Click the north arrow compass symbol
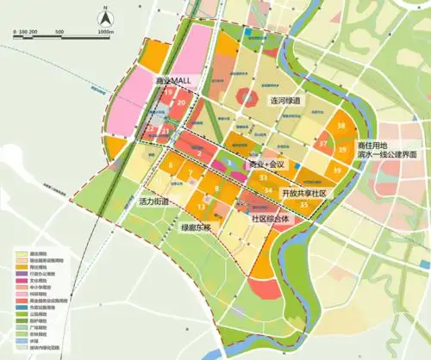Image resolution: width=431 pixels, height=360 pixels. [x=103, y=16]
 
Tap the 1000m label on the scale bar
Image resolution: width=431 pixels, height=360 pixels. [x=106, y=32]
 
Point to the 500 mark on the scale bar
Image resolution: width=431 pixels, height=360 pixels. [x=59, y=32]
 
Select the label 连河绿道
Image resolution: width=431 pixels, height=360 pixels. [x=284, y=101]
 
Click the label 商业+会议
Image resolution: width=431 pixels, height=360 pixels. [x=265, y=164]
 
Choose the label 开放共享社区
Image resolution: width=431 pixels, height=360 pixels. [x=307, y=193]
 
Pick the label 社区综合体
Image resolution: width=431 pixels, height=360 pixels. [x=273, y=219]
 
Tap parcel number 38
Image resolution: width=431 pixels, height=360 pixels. [x=342, y=127]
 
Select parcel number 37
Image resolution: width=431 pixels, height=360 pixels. [x=323, y=144]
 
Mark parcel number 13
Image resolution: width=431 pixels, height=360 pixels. [x=201, y=207]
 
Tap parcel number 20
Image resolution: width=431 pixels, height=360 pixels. [x=182, y=102]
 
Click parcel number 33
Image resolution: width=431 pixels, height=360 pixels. [x=262, y=177]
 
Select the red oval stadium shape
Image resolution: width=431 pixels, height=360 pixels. [x=247, y=98]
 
